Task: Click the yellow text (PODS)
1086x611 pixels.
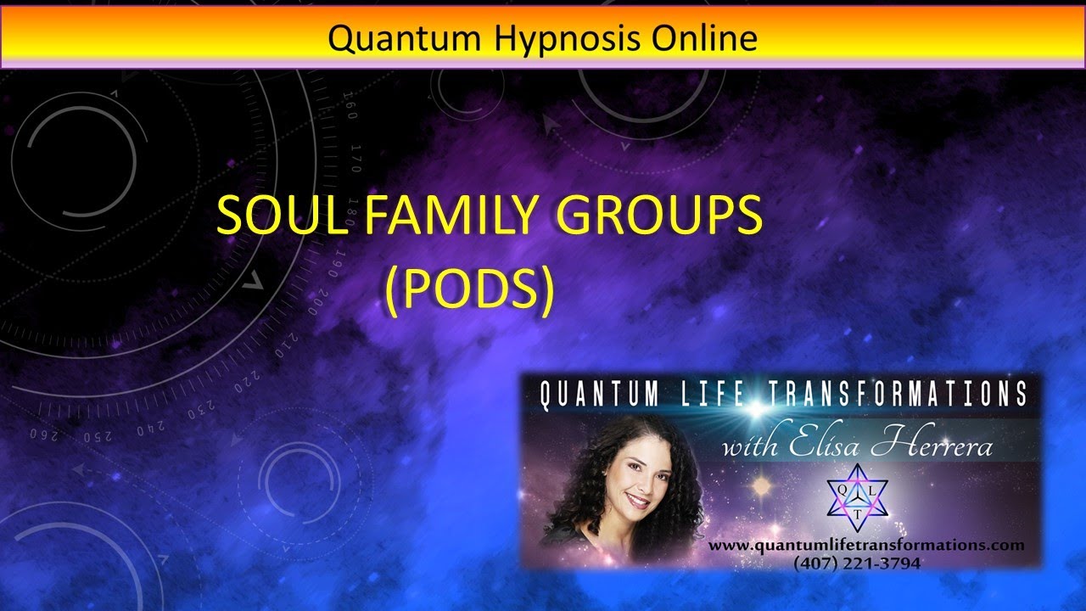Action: click(468, 289)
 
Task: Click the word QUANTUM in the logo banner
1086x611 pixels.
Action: click(600, 395)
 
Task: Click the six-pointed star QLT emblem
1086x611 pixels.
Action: click(857, 499)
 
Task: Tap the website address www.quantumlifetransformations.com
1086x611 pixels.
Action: click(866, 546)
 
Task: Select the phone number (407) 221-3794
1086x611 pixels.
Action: click(857, 562)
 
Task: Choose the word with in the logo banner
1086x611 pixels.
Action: click(748, 446)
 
